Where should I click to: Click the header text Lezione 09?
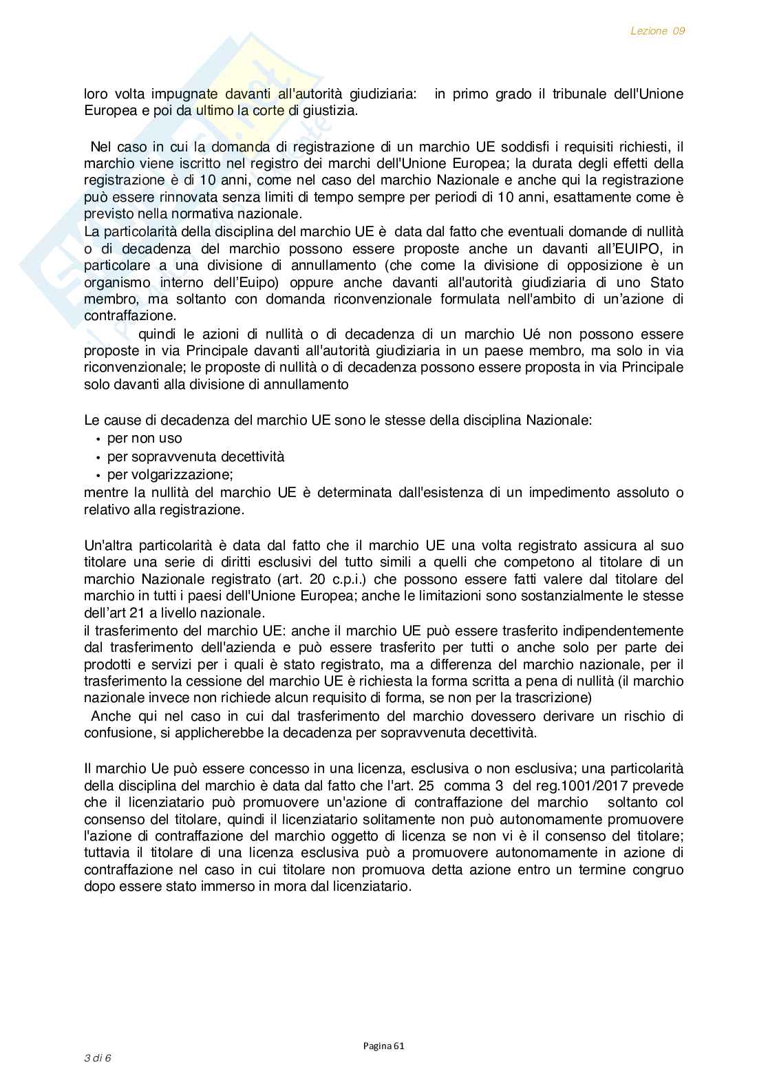(657, 31)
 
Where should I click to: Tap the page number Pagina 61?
(384, 1046)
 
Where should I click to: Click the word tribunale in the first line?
(579, 94)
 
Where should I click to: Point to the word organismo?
(115, 282)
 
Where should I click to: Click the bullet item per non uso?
(145, 439)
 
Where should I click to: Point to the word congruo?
(659, 869)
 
